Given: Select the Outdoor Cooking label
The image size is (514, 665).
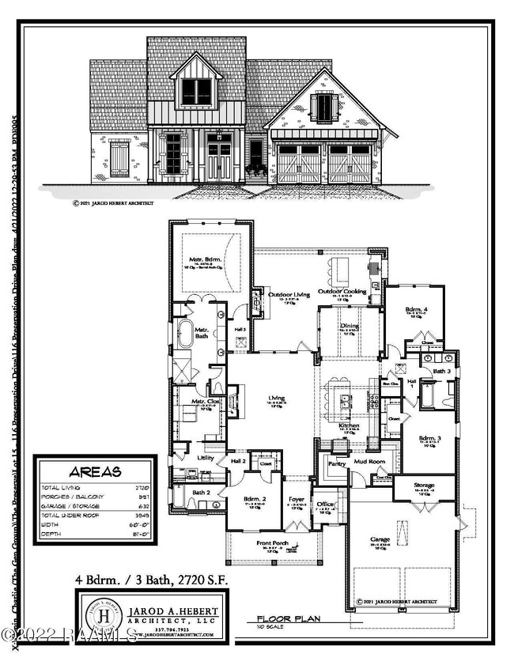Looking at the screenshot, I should (x=342, y=292).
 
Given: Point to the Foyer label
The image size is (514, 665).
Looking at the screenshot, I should (x=297, y=499).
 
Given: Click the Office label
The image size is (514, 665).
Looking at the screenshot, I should (x=326, y=503).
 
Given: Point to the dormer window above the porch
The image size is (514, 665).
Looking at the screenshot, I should (x=197, y=92).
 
